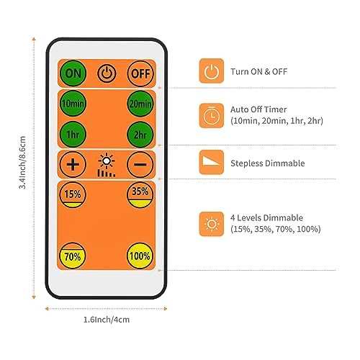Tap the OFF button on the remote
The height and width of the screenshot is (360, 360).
140,73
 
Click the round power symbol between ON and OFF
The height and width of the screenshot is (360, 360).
107,73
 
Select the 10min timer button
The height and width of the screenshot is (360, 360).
73,104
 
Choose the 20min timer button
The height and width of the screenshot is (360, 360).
140,104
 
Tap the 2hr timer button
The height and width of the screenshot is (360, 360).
140,135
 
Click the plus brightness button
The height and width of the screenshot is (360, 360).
73,164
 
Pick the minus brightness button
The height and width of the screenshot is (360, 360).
140,164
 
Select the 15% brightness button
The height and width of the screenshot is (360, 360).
73,194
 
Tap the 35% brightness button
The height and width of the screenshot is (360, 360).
140,194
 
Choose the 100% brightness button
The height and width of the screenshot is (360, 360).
140,256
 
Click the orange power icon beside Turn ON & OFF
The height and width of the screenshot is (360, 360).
212,71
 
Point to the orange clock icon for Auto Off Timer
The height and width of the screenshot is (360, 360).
212,115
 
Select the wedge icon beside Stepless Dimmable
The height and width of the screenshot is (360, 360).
212,162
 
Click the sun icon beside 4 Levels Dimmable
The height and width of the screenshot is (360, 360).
212,224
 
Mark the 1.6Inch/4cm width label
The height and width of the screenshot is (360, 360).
107,320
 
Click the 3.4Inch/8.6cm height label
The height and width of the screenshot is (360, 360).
22,163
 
